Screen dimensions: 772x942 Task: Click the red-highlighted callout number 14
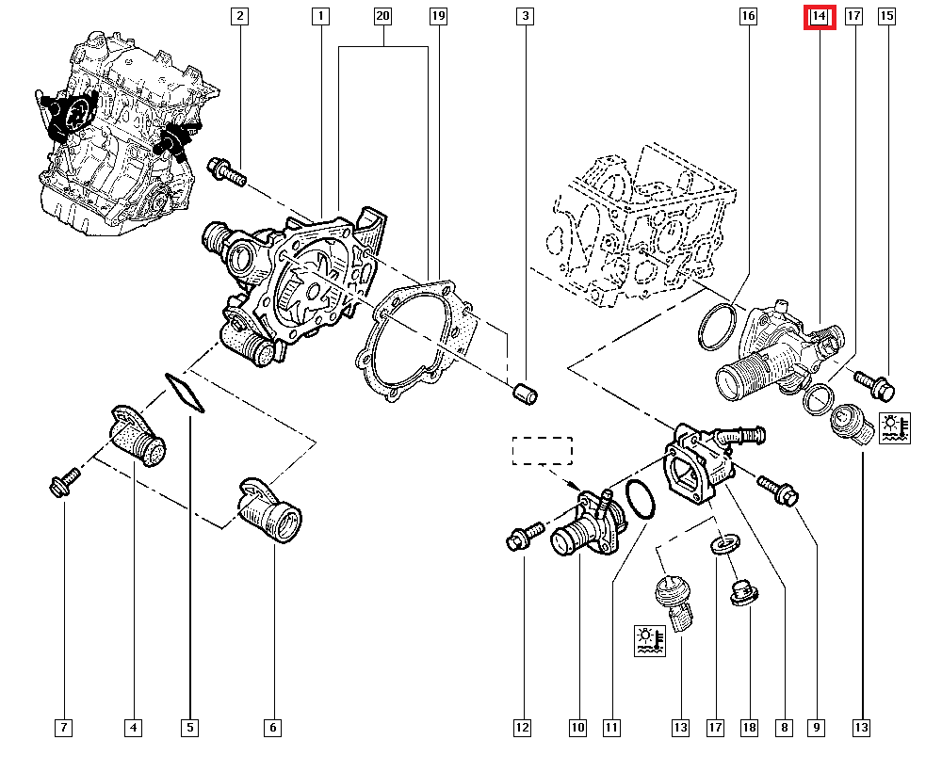820,16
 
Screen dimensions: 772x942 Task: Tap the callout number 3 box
526,16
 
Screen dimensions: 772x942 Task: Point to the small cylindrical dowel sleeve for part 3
527,394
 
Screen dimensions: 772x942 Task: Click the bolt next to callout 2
225,171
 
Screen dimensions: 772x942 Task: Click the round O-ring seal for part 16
720,326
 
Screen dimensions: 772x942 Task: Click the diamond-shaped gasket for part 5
186,394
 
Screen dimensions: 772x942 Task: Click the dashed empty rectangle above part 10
542,451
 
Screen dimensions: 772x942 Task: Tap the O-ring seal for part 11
642,499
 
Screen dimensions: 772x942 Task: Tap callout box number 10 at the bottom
577,727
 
